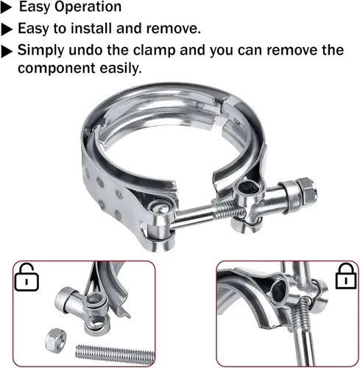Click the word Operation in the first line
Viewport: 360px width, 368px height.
(88, 7)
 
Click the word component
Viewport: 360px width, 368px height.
(56, 68)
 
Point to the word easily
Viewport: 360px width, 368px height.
(121, 68)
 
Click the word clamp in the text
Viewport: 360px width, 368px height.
(154, 51)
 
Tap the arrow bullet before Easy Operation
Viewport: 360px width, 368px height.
(6, 8)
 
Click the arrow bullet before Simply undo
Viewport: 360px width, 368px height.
(7, 52)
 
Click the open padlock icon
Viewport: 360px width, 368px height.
(27, 277)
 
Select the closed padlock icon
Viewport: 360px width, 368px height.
(346, 276)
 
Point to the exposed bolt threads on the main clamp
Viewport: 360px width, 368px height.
(227, 209)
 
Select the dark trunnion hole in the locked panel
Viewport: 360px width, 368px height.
(278, 291)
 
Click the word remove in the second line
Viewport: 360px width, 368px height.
(173, 28)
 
